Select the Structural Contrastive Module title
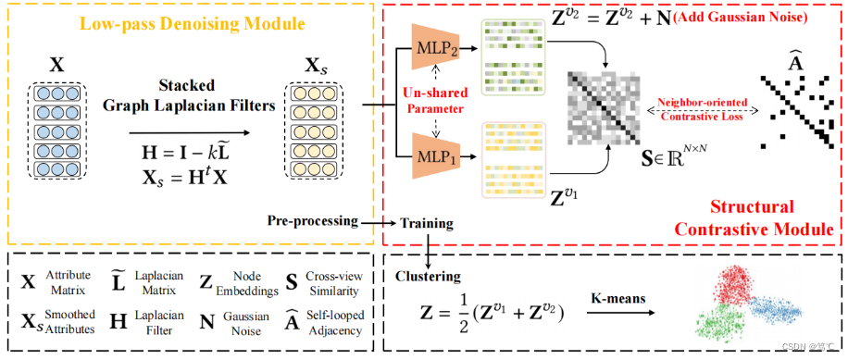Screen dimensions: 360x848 [x=767, y=217]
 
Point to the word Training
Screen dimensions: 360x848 [x=429, y=224]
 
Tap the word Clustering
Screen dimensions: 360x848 [x=426, y=275]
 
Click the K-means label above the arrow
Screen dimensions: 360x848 [x=617, y=298]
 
